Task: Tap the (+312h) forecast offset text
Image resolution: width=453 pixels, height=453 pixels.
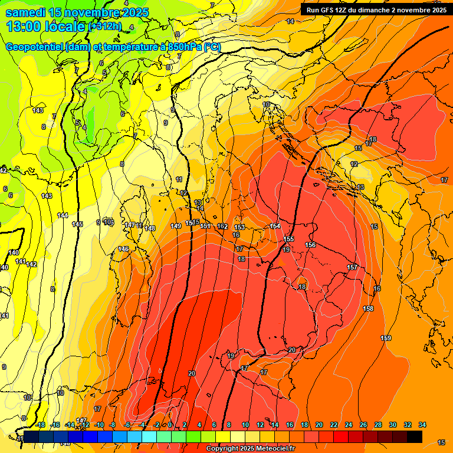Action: [x=105, y=27]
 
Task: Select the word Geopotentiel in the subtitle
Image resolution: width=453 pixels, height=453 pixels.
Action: [x=35, y=47]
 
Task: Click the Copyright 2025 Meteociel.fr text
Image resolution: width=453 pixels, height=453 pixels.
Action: [x=250, y=449]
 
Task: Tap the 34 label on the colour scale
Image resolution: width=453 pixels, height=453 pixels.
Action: [x=422, y=425]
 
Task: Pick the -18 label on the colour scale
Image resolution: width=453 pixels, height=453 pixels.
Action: [x=41, y=425]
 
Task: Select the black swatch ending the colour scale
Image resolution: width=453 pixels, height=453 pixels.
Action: [x=415, y=436]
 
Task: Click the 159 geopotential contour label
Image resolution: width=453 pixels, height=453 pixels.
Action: [x=386, y=338]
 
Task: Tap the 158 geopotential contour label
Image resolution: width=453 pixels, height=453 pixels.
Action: [x=368, y=308]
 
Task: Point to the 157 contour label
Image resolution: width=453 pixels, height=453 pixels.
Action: [x=352, y=268]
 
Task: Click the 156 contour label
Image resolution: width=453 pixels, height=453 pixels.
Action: [x=310, y=245]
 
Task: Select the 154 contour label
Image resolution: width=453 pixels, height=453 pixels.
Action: [x=275, y=226]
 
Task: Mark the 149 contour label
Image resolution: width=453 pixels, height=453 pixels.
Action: [x=176, y=226]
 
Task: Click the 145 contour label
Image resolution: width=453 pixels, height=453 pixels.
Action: [x=77, y=224]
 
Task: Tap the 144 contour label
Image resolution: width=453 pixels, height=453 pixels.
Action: [x=63, y=215]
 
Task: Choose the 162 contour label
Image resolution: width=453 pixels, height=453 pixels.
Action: [x=222, y=226]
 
